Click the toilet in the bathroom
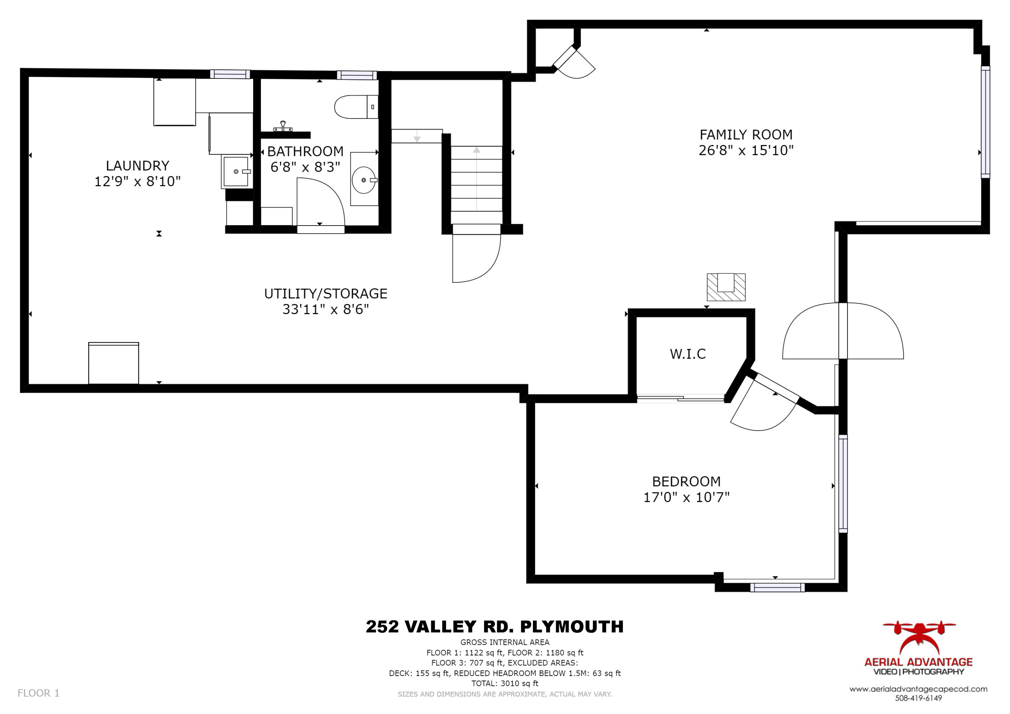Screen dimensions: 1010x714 356,107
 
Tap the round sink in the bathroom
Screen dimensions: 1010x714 364,180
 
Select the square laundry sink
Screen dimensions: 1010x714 237,171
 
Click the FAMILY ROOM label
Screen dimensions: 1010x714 746,135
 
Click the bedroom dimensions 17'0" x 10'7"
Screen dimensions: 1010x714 686,497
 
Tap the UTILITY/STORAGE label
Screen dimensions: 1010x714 326,294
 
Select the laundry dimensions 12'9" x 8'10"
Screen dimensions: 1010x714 138,181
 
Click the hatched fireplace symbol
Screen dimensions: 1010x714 726,287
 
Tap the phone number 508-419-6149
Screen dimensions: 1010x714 918,698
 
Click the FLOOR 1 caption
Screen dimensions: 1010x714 38,693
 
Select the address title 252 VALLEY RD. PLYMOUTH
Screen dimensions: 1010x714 495,626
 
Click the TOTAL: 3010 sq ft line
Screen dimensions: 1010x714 505,683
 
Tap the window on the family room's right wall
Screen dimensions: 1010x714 985,122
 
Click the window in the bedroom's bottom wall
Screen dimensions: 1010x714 777,587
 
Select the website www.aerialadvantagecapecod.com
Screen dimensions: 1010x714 918,689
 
